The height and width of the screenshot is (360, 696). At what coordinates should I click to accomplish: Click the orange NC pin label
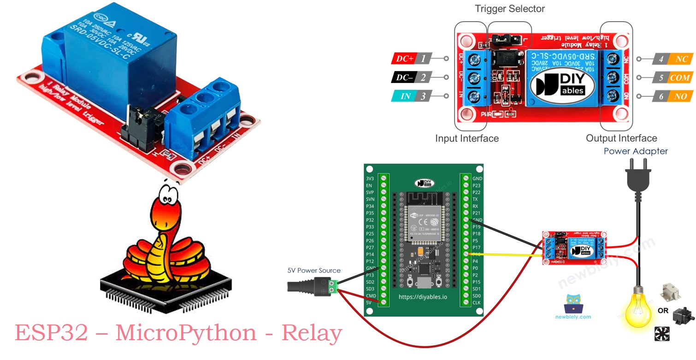click(681, 59)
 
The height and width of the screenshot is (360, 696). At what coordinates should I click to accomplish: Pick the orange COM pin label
click(679, 77)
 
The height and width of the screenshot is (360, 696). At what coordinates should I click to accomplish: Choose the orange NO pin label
click(681, 96)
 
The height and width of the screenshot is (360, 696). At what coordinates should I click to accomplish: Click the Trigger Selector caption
click(509, 9)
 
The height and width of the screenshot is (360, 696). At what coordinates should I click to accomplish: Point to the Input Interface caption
click(466, 138)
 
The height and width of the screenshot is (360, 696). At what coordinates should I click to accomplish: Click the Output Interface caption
click(621, 138)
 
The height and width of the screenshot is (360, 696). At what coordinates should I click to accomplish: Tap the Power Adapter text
click(636, 151)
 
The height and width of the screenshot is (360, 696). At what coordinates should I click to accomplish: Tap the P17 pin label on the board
click(477, 248)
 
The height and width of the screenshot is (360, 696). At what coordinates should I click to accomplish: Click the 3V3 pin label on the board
click(370, 178)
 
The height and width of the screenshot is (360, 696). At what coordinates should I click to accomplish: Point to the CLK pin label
click(477, 302)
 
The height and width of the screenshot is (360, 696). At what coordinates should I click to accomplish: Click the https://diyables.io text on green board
click(423, 297)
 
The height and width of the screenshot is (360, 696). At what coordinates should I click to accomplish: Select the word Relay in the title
click(312, 333)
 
